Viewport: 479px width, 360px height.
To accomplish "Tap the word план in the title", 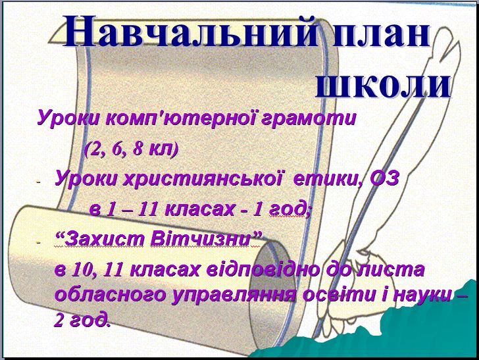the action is pyautogui.click(x=382, y=32).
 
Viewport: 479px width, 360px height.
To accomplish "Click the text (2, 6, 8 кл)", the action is pyautogui.click(x=132, y=149).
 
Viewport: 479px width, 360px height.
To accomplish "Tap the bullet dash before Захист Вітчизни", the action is pyautogui.click(x=38, y=243).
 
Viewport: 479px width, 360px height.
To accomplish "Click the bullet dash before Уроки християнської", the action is pyautogui.click(x=38, y=182).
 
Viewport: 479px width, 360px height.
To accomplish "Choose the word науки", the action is pyautogui.click(x=422, y=296).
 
